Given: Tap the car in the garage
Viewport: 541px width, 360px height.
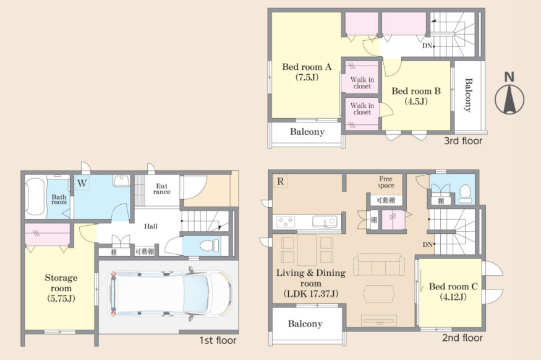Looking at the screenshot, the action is (x=171, y=293).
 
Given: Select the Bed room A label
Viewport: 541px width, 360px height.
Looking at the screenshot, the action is (x=307, y=72).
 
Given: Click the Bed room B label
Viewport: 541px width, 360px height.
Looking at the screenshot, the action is (x=416, y=96).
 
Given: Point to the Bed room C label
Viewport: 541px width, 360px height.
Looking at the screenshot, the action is (x=453, y=291).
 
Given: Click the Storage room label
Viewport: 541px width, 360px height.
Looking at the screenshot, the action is (x=61, y=288).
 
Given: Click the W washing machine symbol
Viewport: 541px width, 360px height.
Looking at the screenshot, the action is (x=82, y=183).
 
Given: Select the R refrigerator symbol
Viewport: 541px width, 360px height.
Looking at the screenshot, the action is (x=280, y=181).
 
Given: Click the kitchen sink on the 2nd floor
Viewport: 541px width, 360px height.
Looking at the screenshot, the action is (x=325, y=221).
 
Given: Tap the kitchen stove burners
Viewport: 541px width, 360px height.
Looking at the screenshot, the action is (x=286, y=221).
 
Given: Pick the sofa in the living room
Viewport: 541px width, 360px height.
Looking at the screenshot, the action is (x=379, y=264).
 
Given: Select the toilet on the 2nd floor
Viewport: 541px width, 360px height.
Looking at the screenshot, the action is (x=465, y=194).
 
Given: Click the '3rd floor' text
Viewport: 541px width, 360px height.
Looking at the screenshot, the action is (x=463, y=141).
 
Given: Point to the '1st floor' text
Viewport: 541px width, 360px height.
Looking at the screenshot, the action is (x=218, y=340).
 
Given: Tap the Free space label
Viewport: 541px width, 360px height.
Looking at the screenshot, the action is (x=385, y=182).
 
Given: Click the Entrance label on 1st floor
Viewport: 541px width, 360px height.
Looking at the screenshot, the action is (x=162, y=189).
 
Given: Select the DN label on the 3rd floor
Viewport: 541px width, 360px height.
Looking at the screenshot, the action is (x=427, y=46).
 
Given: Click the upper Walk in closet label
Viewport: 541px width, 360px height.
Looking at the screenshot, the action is (x=362, y=83).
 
